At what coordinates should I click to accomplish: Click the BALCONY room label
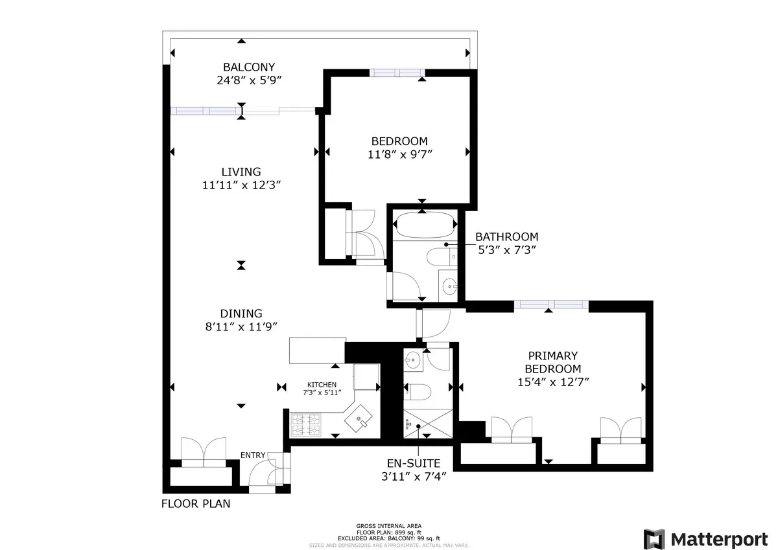[249, 67]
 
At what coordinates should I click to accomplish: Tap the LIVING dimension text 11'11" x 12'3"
[241, 185]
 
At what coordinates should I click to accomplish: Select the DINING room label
[241, 313]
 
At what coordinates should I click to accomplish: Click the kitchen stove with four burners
[306, 424]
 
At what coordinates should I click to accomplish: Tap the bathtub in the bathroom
[421, 225]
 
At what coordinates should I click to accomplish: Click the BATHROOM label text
[506, 237]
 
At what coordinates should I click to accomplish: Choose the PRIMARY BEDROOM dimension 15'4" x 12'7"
[552, 382]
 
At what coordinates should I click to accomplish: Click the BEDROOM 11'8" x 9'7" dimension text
[399, 154]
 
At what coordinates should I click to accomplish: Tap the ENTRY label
[253, 455]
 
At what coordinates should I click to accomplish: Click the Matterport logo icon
[654, 538]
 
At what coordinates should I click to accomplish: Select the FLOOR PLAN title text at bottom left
[195, 503]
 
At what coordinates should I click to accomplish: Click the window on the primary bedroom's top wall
[552, 304]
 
